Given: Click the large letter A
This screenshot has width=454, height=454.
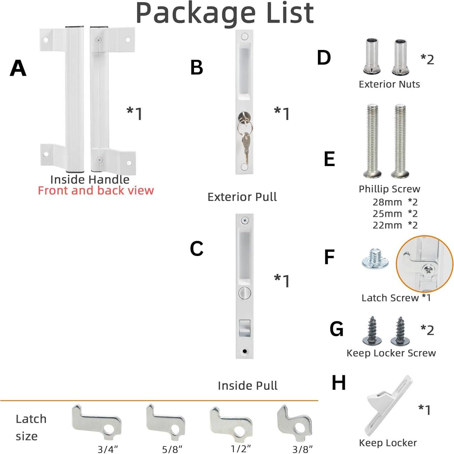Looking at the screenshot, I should [x=18, y=68].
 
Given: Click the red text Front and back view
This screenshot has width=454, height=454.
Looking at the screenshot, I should [x=96, y=191].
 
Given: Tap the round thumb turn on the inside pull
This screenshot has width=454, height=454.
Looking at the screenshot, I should [x=244, y=293].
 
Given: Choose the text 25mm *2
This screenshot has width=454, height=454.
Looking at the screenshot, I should [x=395, y=214].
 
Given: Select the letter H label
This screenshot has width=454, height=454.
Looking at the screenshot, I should [x=339, y=383].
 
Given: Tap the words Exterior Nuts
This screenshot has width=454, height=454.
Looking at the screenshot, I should [x=389, y=84].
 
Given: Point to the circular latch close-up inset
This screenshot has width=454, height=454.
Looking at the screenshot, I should [x=425, y=264].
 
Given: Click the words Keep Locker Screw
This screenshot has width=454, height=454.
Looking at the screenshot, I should [x=391, y=353].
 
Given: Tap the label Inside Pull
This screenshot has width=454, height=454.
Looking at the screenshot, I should [x=247, y=386].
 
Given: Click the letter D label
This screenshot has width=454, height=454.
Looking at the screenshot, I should [x=324, y=58].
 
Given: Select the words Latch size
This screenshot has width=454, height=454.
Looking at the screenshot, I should [x=31, y=427].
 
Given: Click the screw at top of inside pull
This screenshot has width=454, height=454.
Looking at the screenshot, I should [x=245, y=220].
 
